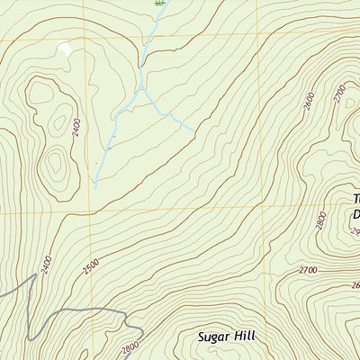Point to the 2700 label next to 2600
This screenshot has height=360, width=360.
tap(339, 94)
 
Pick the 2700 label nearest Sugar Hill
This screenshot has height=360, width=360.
tap(308, 269)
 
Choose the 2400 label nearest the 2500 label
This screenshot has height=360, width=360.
tap(46, 265)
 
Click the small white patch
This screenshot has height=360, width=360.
tap(64, 49)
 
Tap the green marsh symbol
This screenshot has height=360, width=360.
tap(159, 4)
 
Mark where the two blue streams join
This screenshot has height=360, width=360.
tap(140, 89)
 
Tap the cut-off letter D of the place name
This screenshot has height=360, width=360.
tap(355, 214)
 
